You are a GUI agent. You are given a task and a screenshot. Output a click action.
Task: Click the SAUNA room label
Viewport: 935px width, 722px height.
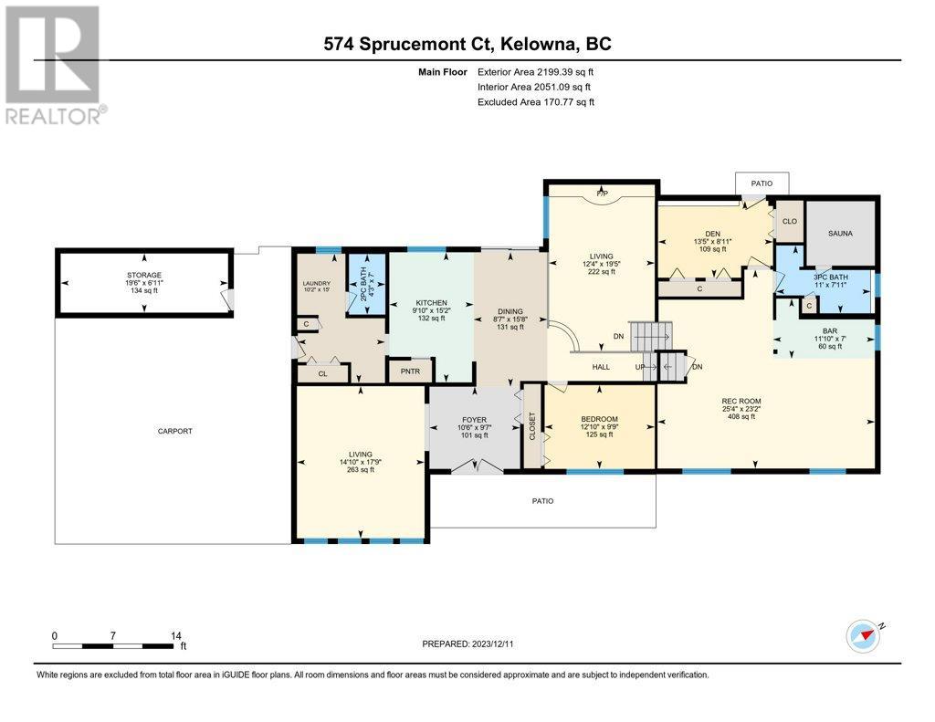coord(840,233)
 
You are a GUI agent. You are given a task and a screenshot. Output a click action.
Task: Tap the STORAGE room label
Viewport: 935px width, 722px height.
coord(143,275)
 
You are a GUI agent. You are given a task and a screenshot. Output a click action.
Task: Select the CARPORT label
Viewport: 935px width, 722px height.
coord(174,431)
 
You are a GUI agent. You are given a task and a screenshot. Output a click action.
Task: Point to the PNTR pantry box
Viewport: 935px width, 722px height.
coord(410,371)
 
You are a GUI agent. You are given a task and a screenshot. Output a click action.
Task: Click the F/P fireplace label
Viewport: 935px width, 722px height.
coord(602,194)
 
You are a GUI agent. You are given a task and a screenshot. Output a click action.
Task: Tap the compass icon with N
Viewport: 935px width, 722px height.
coord(864,636)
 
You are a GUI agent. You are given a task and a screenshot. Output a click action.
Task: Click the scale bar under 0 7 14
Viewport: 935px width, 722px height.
coord(112,645)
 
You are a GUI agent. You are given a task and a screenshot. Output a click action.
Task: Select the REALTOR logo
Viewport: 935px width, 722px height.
coord(54,65)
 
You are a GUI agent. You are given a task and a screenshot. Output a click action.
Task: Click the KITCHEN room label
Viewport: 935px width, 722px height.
coord(431,303)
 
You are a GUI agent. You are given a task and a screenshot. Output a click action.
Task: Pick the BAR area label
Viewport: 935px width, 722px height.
coord(829,331)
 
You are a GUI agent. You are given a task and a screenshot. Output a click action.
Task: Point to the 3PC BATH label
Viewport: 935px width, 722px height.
coord(831,277)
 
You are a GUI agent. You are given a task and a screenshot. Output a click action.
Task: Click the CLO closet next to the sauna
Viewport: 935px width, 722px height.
coord(790,221)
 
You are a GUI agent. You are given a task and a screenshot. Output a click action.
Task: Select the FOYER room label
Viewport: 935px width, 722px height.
coord(474,420)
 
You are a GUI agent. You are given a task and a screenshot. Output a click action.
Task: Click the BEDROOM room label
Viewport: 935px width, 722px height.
coord(599,419)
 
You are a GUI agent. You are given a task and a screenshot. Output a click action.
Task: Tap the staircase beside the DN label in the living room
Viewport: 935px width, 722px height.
coord(651,337)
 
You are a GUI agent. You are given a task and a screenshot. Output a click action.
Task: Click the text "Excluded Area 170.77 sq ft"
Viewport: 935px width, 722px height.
coord(536,102)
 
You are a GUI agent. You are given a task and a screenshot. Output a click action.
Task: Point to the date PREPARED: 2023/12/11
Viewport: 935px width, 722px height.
coord(467,644)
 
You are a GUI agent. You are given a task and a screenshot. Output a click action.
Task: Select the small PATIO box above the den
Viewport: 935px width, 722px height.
coord(762,183)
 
